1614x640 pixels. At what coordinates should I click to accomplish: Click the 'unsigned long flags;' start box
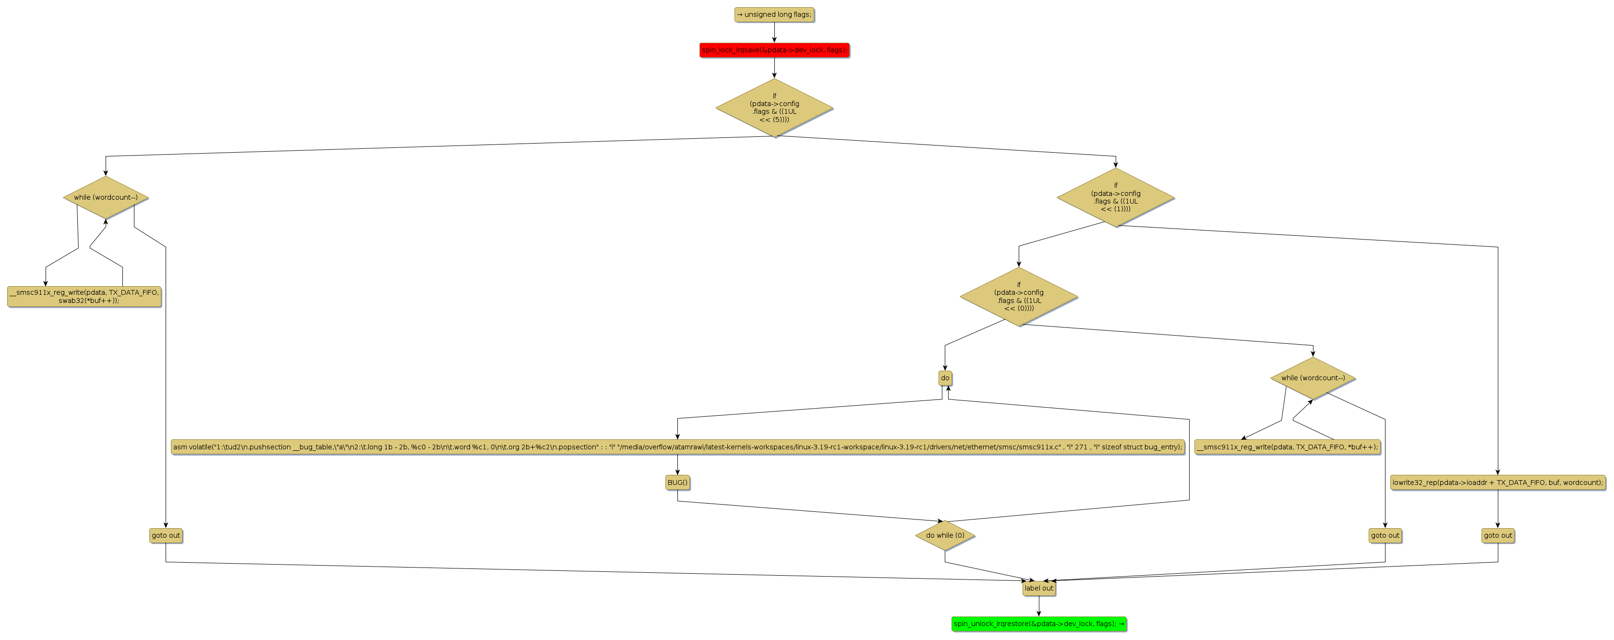pos(774,14)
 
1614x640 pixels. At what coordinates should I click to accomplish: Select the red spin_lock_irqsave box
pos(774,49)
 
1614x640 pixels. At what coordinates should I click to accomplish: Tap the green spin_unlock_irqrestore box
pos(1038,624)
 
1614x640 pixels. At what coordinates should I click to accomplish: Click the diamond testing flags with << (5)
pos(774,108)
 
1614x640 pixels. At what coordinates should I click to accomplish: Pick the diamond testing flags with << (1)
pos(1115,197)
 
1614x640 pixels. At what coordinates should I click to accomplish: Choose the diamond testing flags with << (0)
pos(1018,297)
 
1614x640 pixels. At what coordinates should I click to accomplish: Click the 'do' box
pos(945,378)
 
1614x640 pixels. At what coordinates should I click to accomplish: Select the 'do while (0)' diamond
pos(945,535)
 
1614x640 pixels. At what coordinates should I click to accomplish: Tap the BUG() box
pos(677,483)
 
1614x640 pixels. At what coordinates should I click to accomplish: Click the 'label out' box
pos(1038,588)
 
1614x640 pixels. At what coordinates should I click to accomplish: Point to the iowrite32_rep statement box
pos(1497,483)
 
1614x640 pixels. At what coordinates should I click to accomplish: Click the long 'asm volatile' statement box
pos(677,447)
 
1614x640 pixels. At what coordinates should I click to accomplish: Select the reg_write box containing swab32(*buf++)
pos(84,297)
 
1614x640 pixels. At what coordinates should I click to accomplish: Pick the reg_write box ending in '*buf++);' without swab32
pos(1287,447)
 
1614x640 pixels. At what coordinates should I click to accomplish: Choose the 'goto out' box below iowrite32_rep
pos(1497,535)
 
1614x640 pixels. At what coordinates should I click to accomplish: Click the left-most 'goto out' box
pos(166,535)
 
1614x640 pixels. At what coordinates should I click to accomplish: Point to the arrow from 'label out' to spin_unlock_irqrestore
pos(1038,605)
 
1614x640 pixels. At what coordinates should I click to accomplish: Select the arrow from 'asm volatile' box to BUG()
pos(677,464)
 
